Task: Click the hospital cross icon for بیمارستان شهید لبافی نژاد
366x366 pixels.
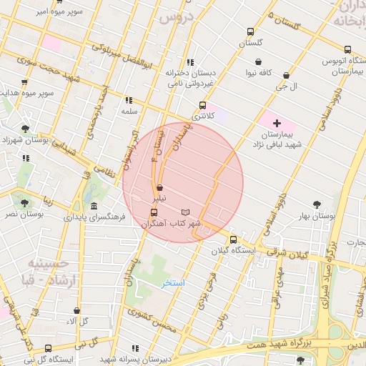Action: point(277,124)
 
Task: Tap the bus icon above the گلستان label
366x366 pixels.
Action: point(250,31)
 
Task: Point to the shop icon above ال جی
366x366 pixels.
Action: point(286,75)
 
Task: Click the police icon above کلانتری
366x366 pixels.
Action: point(203,105)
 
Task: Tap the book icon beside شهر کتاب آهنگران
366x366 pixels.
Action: point(186,212)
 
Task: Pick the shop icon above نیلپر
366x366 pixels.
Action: point(159,188)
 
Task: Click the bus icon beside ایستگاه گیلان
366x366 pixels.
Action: point(233,239)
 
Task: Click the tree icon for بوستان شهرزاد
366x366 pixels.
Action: point(26,129)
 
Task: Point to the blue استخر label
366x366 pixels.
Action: point(172,283)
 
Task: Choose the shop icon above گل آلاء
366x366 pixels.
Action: point(77,311)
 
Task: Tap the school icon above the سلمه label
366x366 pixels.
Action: point(129,101)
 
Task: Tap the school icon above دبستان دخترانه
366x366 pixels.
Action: point(189,62)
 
